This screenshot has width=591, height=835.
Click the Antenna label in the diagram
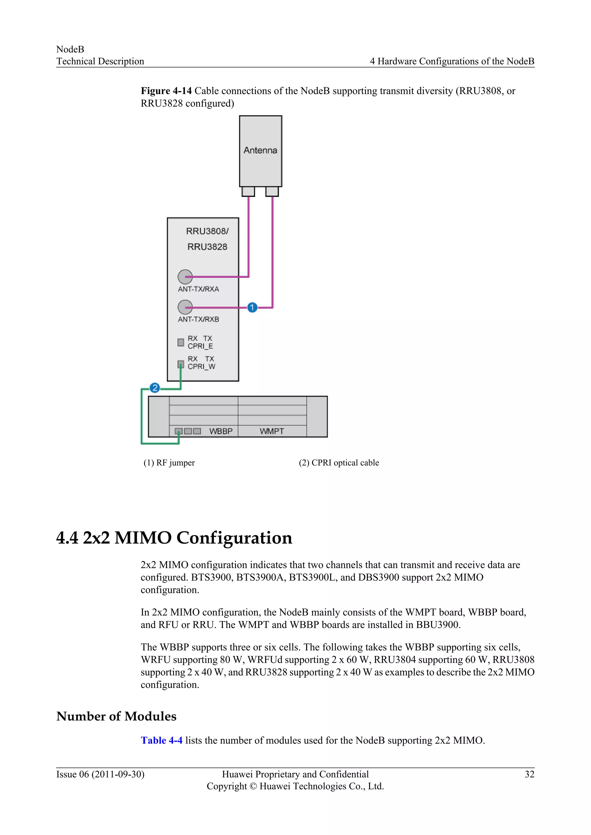tap(260, 150)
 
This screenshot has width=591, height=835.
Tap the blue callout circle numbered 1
tap(252, 308)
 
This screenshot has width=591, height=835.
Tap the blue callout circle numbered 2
tap(155, 388)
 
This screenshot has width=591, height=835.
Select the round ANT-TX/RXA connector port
tap(185, 277)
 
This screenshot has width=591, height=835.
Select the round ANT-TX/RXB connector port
tap(185, 307)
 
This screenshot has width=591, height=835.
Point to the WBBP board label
tap(221, 431)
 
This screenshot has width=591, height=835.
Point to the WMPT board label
tap(272, 431)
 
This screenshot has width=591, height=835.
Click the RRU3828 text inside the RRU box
tap(207, 247)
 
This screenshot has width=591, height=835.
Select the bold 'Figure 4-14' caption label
tap(166, 91)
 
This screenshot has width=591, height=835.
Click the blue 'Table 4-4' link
tap(162, 740)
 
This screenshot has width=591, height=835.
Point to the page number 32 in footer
tap(530, 774)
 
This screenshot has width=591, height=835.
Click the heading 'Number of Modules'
tap(117, 716)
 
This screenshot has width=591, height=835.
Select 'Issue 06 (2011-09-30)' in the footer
tap(100, 774)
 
